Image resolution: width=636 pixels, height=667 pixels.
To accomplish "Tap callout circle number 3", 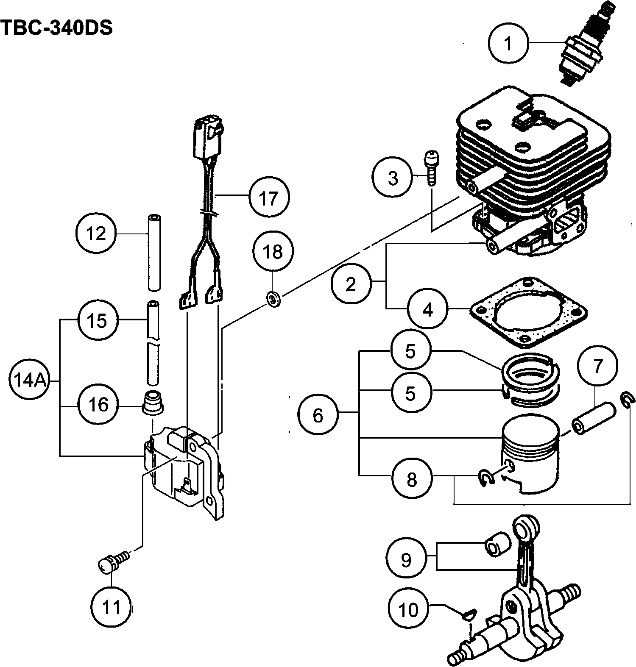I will point(393,178).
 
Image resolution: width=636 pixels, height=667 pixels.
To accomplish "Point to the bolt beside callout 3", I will point(431,167).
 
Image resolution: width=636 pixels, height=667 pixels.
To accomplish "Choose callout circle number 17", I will point(268,197).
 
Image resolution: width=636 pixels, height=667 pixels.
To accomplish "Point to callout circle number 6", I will point(318,415).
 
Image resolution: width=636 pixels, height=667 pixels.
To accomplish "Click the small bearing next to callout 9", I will point(497,544).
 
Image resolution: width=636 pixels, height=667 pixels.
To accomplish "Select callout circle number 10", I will point(408,609).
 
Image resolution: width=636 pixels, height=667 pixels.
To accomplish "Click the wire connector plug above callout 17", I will point(208,138).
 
